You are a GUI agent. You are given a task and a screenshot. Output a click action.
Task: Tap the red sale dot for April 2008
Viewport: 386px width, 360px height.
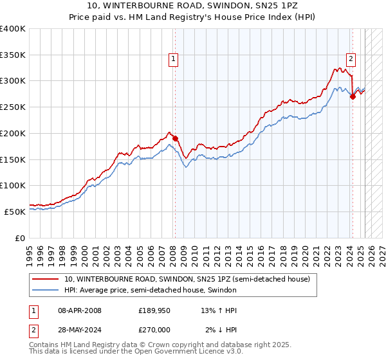coord(174,138)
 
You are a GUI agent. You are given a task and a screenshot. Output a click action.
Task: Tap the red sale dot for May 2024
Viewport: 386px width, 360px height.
coord(353,96)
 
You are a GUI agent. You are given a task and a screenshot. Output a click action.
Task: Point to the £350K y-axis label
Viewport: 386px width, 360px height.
coord(13,55)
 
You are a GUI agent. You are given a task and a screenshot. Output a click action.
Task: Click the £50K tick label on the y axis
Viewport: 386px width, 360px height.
coord(15,212)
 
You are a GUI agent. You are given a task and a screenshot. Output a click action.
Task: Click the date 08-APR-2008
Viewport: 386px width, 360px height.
coord(80,310)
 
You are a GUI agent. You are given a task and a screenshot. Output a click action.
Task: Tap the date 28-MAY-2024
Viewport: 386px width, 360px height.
coord(80,330)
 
